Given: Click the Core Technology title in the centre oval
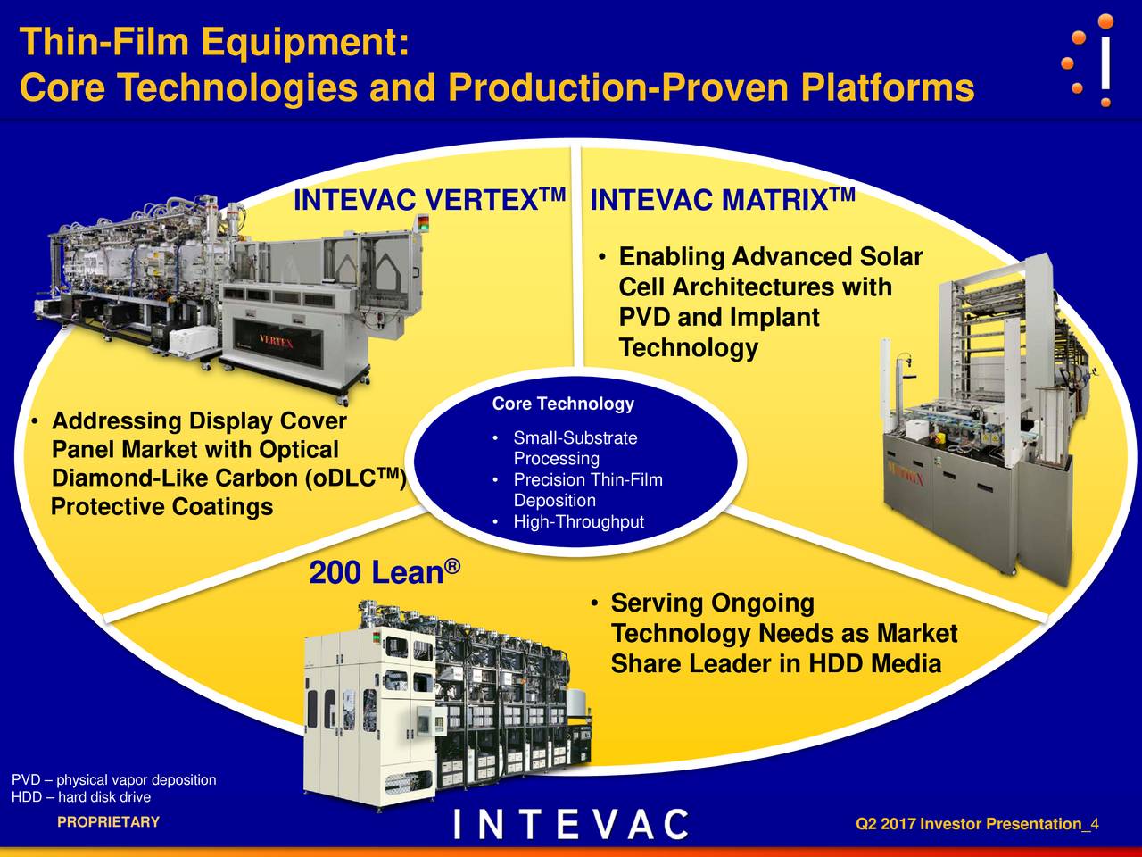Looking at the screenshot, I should (x=563, y=404).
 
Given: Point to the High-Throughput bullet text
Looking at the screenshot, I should (x=578, y=522).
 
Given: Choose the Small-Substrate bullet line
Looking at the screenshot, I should (x=575, y=438).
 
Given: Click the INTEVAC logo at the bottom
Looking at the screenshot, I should (x=571, y=824).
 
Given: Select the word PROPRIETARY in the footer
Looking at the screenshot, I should (x=108, y=822).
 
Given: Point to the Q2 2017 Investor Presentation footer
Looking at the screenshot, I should (x=976, y=824).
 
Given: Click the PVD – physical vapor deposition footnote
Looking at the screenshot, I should (x=113, y=780).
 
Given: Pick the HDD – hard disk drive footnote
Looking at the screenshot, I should (x=81, y=797).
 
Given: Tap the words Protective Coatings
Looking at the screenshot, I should (x=161, y=508).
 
